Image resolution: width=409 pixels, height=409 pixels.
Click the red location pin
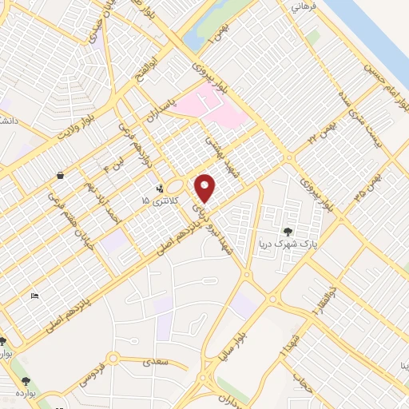[205, 188]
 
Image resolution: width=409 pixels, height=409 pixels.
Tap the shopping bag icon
[61, 175]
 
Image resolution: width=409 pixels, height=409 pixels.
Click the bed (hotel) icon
[34, 296]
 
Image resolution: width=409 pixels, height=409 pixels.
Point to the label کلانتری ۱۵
[157, 200]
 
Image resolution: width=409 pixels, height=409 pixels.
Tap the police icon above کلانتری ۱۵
[160, 189]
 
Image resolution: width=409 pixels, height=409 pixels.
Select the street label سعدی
[157, 363]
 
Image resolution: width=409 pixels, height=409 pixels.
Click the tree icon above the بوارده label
[26, 381]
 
